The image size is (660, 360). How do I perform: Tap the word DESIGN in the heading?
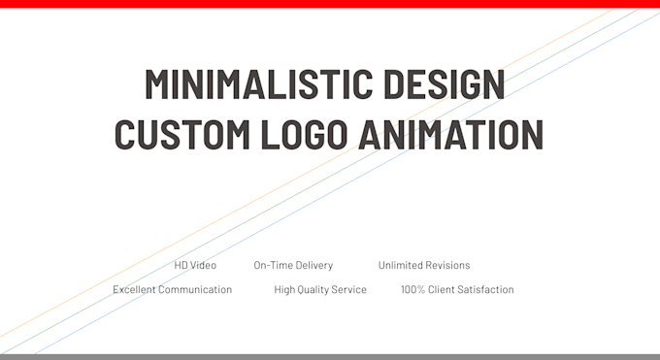[446, 84]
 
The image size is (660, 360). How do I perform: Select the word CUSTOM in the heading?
[172, 134]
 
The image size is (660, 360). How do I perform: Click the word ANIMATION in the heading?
[450, 134]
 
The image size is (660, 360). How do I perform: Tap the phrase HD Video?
[195, 265]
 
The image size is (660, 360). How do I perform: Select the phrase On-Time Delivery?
[293, 265]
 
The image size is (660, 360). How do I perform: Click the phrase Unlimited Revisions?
[424, 265]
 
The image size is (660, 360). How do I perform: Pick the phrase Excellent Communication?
[172, 289]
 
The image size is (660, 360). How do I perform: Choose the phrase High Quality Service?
[320, 289]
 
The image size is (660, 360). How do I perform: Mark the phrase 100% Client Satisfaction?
[457, 289]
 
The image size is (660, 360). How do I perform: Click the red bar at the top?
[330, 4]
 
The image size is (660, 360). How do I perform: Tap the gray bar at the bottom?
[330, 356]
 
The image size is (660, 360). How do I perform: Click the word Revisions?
[447, 265]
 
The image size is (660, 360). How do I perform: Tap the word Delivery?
[313, 265]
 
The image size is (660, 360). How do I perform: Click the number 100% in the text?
[412, 289]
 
